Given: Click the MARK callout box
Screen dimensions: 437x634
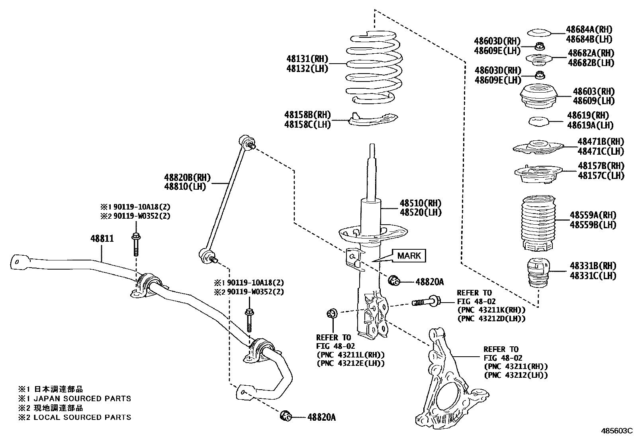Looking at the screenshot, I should coord(409,256).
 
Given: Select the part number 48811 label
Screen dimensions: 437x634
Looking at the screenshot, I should coord(102,239).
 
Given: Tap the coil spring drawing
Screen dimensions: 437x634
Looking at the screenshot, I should coord(373,68).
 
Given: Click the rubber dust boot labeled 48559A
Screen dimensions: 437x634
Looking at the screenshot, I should coord(538,223).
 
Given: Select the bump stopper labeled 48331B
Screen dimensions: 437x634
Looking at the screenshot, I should coord(538,274).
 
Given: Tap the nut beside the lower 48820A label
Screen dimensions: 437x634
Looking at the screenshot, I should coord(286,416).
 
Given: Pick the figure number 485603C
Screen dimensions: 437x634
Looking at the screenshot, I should coord(616,430).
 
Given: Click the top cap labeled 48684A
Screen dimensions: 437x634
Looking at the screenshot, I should coord(538,33).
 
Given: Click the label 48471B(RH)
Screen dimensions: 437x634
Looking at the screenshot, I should coord(601,142).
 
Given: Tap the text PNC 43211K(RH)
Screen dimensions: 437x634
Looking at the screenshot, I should coord(491,310).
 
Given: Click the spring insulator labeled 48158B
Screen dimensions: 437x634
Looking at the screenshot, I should coord(373,119).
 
